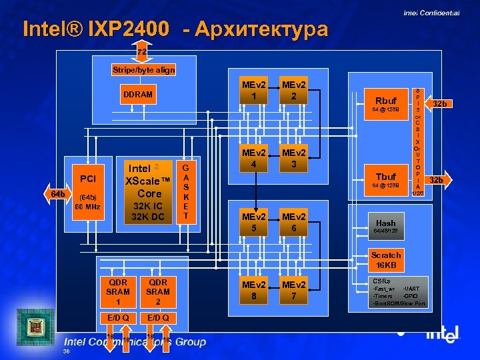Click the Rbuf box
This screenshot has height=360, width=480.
(385, 103)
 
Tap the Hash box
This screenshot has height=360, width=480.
(385, 226)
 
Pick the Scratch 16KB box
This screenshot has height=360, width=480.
(386, 259)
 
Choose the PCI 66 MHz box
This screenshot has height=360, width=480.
(88, 193)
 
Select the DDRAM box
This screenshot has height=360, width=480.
(137, 95)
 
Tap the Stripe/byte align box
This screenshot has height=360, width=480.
(143, 69)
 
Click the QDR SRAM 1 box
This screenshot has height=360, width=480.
(118, 291)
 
